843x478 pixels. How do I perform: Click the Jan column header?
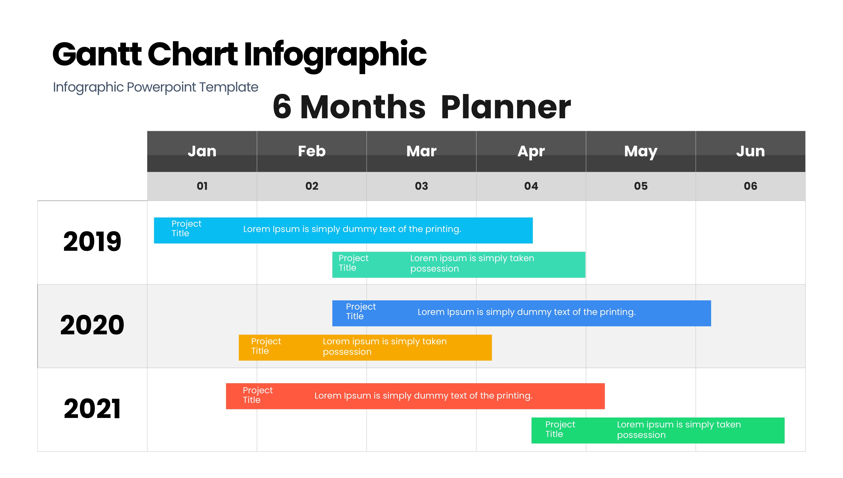[x=202, y=151]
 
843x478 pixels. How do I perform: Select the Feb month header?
[x=311, y=151]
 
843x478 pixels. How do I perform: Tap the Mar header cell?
[x=421, y=151]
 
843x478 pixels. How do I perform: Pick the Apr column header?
[x=531, y=151]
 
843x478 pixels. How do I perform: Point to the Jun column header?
[x=750, y=151]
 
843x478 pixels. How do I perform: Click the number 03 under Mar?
[x=421, y=186]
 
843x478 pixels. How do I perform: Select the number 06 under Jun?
[x=750, y=186]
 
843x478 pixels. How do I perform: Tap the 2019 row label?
[x=92, y=241]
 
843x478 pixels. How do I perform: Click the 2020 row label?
[x=92, y=325]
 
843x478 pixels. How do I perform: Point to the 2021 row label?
[x=92, y=409]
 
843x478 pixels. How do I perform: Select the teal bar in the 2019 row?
[x=459, y=265]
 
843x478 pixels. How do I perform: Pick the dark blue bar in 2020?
[x=521, y=313]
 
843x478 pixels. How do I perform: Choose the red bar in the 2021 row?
[x=415, y=396]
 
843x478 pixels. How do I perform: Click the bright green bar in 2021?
[x=658, y=430]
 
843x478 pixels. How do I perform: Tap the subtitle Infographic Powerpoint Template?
[x=156, y=87]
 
